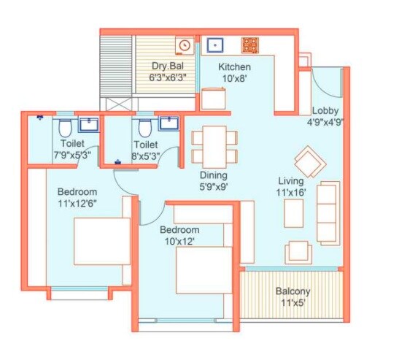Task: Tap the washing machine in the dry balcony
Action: [184, 45]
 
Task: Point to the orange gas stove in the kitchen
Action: [250, 45]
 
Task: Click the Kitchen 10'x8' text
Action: [235, 72]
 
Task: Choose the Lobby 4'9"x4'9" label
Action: [325, 117]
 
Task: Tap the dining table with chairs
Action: [214, 146]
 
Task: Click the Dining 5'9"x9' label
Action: [214, 180]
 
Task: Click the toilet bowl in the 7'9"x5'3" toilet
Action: [64, 130]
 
